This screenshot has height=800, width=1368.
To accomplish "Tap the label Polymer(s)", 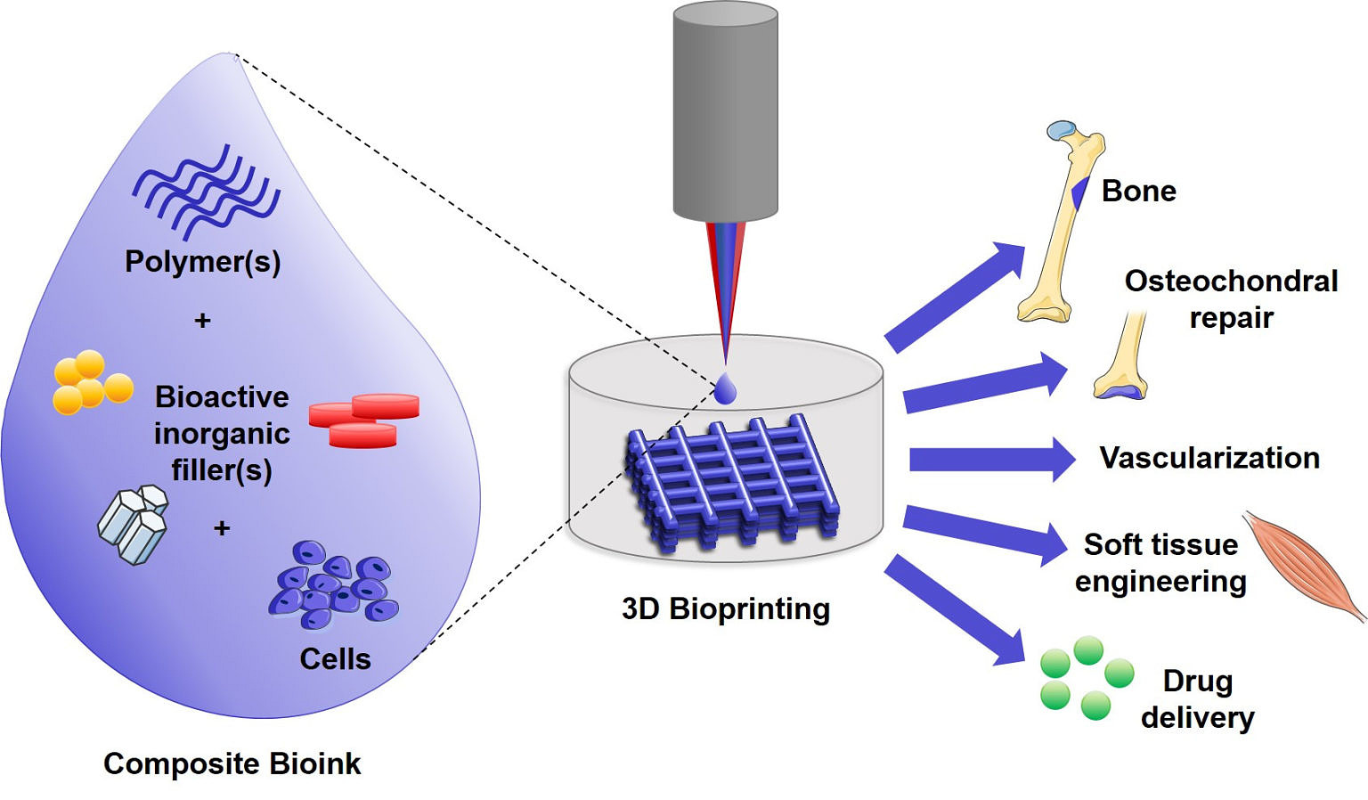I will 203,262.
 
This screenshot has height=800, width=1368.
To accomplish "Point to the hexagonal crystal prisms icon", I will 134,525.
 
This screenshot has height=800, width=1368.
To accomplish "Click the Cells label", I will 335,659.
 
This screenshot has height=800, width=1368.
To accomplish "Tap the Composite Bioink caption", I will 232,763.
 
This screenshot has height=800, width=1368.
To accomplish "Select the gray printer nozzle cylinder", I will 725,111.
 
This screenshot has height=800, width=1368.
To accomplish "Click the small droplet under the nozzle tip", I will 726,389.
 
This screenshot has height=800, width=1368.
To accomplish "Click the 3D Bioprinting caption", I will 726,609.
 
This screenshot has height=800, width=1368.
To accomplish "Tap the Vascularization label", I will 1209,458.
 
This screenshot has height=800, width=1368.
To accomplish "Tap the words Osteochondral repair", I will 1231,299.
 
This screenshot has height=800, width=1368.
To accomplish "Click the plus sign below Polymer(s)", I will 203,321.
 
